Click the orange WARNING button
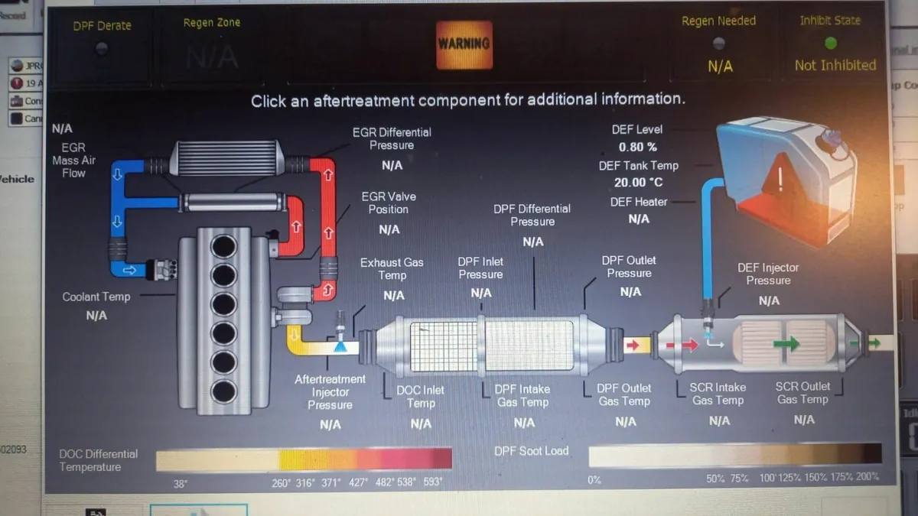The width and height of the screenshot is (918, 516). (464, 44)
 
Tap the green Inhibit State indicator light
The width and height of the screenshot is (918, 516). (830, 44)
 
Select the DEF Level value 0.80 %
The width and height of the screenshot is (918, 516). (637, 147)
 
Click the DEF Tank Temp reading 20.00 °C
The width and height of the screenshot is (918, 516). (638, 183)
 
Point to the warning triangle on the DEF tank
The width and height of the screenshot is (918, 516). (780, 178)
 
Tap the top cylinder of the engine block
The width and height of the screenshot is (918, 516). (223, 246)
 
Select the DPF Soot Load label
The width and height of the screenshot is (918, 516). (532, 451)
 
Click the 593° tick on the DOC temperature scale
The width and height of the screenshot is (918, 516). (433, 482)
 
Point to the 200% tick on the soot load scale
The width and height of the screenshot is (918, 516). (868, 477)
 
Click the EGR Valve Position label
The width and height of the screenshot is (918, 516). (389, 203)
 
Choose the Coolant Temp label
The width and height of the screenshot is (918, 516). (96, 297)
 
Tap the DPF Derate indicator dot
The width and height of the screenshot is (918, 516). (102, 48)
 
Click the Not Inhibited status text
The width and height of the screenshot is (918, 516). (835, 66)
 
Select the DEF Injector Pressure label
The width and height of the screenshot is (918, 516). (768, 274)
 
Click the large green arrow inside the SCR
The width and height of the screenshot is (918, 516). (786, 344)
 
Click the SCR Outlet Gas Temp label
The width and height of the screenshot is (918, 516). (802, 393)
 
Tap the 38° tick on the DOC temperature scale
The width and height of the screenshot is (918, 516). (180, 483)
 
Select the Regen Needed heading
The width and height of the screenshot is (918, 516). (718, 21)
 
